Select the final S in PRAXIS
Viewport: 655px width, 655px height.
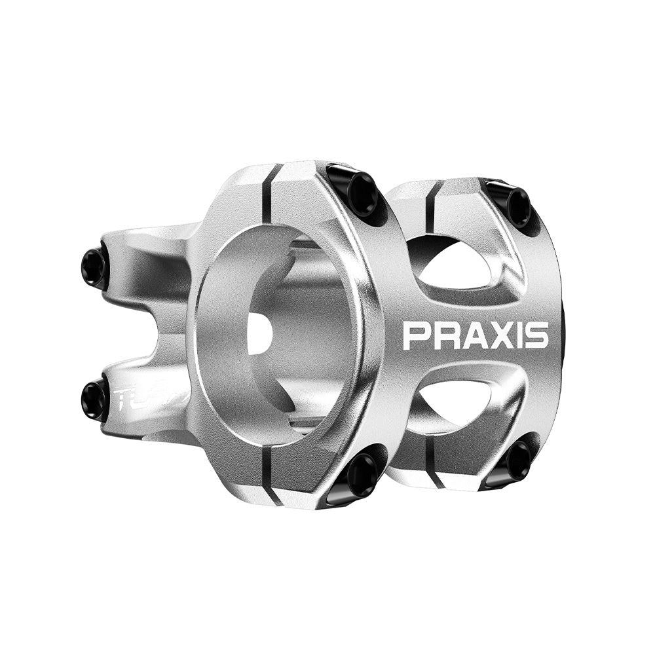tap(536, 335)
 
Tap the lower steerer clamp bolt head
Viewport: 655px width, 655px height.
tap(94, 398)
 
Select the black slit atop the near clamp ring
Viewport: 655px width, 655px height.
tap(268, 186)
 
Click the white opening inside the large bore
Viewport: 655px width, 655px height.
tap(259, 335)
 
